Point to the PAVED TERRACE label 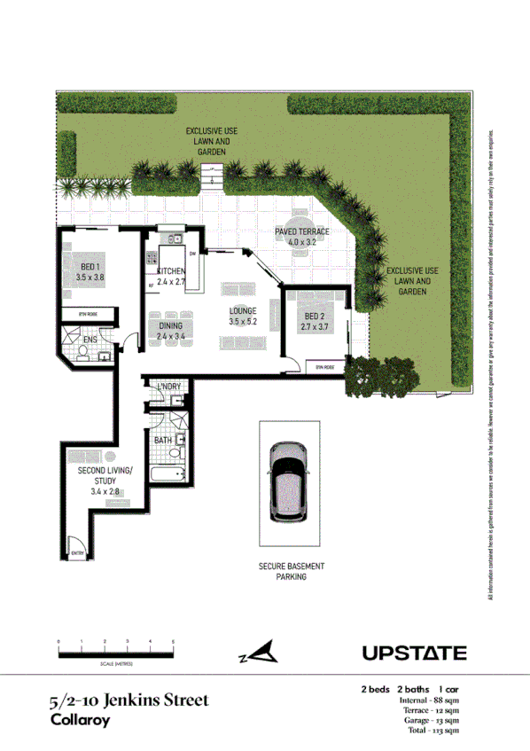tap(301, 236)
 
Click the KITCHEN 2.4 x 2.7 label tap(170, 276)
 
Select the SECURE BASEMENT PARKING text tap(292, 571)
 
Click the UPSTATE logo tap(414, 653)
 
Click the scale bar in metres tap(115, 653)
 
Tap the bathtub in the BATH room tap(168, 475)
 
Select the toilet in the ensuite tap(82, 353)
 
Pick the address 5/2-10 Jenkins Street tap(129, 700)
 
